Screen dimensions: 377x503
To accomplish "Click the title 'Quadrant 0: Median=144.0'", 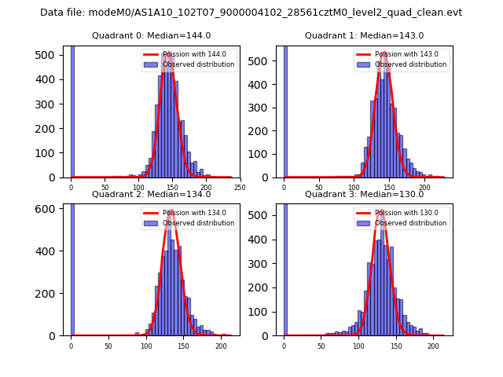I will coord(151,35).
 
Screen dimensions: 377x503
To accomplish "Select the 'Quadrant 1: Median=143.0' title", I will coord(364,35).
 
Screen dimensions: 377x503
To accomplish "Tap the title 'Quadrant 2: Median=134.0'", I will coord(151,194).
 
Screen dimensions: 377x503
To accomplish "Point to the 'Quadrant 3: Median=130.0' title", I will coord(364,194).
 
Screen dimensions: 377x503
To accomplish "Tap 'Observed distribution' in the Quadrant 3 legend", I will coord(410,223).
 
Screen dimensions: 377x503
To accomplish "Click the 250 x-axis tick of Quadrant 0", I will coord(240,188).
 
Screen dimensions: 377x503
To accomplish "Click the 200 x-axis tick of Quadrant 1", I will coord(425,188).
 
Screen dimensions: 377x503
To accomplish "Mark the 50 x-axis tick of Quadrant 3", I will coord(321,346).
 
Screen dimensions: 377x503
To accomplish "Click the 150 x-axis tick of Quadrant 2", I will coord(183,346).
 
